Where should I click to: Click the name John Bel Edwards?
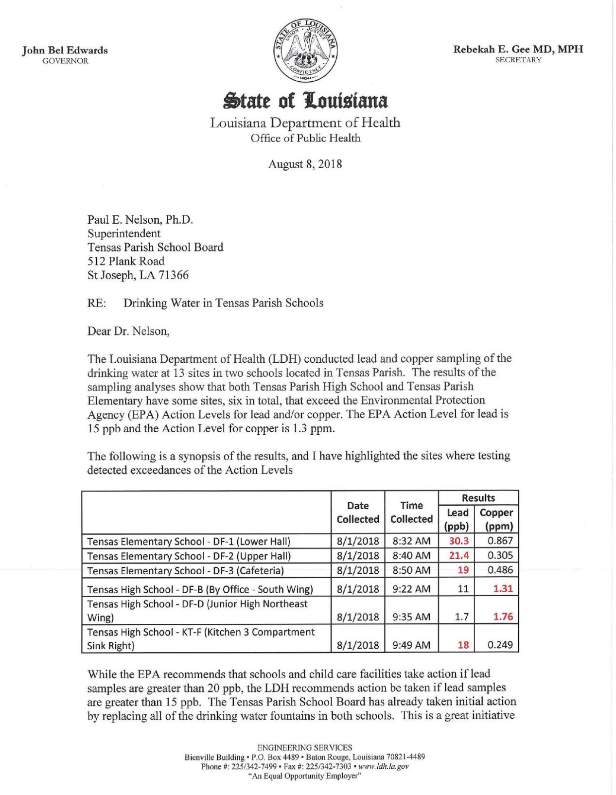(65, 50)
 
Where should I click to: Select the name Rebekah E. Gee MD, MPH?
(518, 49)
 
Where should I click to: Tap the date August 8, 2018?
(305, 164)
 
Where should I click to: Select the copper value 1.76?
(503, 617)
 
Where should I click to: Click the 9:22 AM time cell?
(411, 589)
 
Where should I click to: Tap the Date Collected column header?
(358, 512)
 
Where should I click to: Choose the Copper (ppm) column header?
(496, 519)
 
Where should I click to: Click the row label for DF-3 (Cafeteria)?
(185, 570)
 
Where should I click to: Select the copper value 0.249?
(500, 645)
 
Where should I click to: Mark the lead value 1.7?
(462, 617)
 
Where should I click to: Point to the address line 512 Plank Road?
(126, 261)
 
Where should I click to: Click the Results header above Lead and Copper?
(478, 498)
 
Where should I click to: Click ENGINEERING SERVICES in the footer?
(305, 748)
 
